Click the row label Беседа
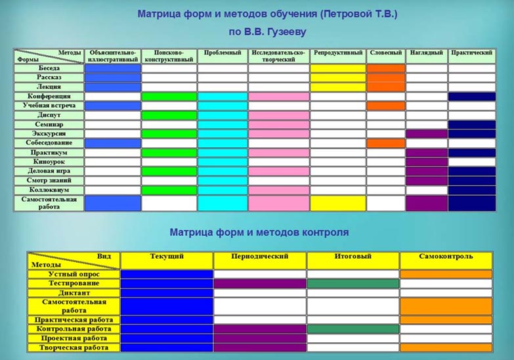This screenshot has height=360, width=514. point(49,68)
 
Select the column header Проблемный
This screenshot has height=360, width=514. point(223,53)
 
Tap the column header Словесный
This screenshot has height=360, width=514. point(386,53)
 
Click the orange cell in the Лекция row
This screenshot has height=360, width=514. point(386,87)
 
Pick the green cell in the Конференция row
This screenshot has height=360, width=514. point(169,97)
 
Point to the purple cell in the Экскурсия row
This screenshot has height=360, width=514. point(427,134)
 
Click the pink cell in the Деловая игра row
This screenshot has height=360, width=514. point(278,171)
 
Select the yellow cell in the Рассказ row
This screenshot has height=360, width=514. point(338,78)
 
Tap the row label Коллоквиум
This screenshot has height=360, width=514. point(49,190)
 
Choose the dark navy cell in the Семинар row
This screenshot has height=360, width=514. point(472,125)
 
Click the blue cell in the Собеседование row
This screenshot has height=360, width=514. point(113,143)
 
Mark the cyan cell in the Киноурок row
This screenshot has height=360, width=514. point(223,162)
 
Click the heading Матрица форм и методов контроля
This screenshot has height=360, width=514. point(259,233)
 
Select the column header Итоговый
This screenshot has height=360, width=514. point(353,256)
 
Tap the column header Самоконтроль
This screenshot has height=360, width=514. point(446,256)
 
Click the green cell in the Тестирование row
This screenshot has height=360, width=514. point(353,284)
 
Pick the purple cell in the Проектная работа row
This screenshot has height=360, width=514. point(259,338)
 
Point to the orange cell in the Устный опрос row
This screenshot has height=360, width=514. point(446,275)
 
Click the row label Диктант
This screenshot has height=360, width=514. point(74,293)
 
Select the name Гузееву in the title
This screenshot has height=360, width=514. point(287,32)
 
